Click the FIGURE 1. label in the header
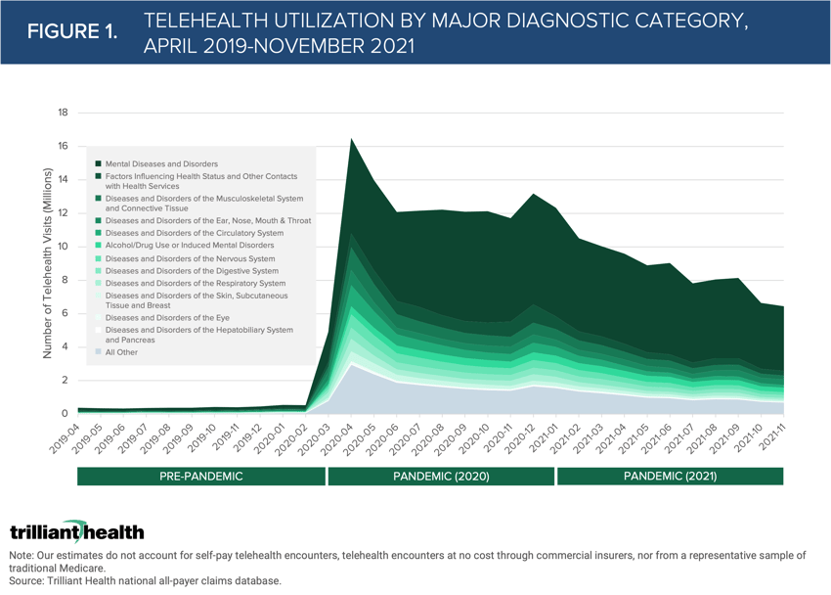(x=72, y=31)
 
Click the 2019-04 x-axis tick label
(x=66, y=437)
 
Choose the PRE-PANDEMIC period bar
(x=201, y=477)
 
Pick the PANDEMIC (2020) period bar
(x=441, y=477)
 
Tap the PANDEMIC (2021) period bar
(x=670, y=477)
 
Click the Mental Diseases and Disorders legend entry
(x=161, y=163)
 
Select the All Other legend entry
(x=121, y=352)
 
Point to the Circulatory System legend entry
(x=194, y=234)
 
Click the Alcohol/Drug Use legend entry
(x=190, y=246)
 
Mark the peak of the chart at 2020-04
(x=351, y=139)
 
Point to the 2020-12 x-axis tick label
(x=513, y=437)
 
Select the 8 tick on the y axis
(x=64, y=280)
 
